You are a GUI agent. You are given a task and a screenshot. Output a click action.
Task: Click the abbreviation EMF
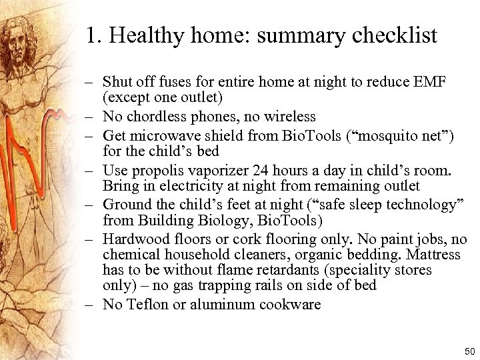[x=430, y=83]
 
